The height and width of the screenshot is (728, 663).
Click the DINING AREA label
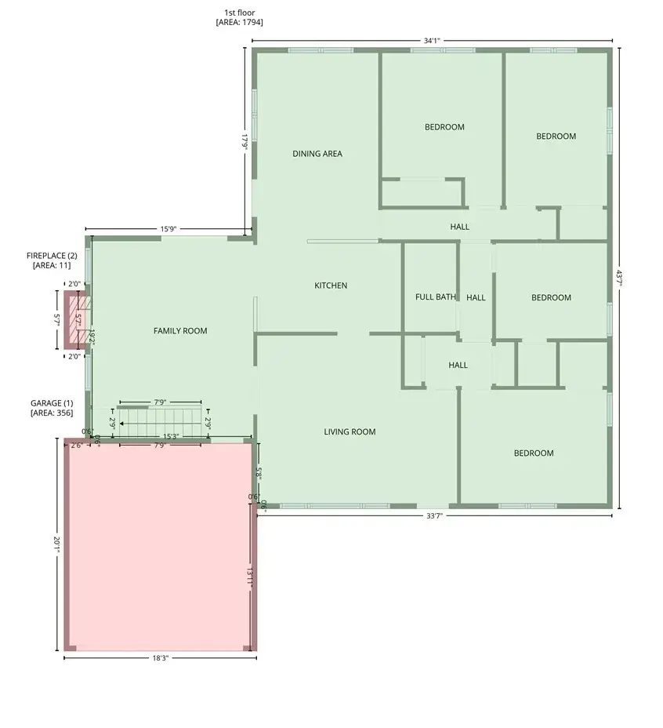[317, 154]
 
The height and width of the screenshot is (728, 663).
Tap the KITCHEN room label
[331, 286]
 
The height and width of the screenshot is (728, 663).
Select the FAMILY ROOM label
[180, 331]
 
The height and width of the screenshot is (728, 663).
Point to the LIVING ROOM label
[350, 431]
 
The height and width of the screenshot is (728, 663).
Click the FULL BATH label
[435, 297]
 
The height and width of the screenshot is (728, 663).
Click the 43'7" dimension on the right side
[619, 278]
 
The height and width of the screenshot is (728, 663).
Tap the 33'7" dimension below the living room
[433, 516]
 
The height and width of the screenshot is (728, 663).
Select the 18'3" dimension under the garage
[160, 658]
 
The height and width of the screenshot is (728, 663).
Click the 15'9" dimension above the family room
[168, 229]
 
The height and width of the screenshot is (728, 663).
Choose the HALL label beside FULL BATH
[476, 297]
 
